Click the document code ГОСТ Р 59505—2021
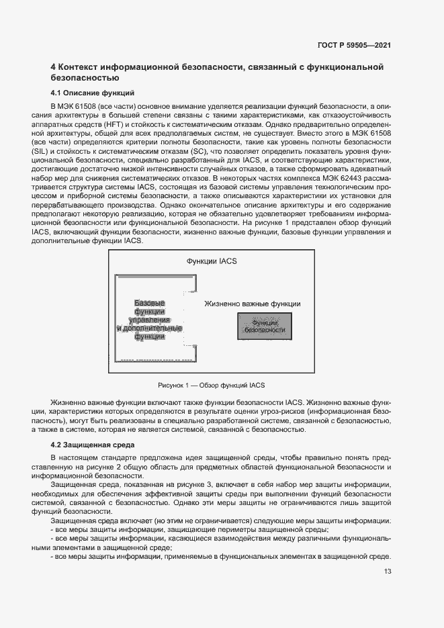coord(354,45)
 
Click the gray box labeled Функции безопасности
coord(264,326)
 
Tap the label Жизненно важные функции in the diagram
coord(252,304)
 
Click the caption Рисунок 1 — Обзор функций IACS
coord(211,385)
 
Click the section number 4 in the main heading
coord(54,67)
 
